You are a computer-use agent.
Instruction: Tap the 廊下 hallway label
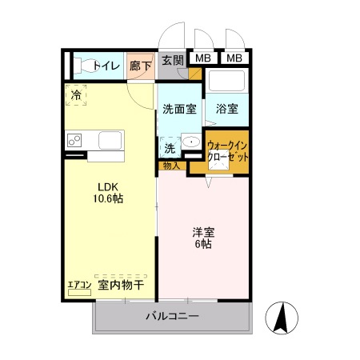141,66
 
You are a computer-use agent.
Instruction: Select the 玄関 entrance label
171,60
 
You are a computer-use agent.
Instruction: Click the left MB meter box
203,58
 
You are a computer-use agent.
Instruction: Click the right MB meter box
233,58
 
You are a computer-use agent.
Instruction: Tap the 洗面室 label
179,109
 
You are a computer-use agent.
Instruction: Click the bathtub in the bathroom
227,82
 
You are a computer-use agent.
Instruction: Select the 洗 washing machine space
170,147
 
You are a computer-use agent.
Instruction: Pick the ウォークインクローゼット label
228,151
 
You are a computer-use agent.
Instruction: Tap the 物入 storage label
170,166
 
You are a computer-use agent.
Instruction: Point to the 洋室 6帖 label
202,238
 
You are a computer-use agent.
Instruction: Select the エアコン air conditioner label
78,285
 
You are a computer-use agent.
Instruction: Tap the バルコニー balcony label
172,316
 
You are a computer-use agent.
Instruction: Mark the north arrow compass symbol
282,318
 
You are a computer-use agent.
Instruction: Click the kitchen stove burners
75,141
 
